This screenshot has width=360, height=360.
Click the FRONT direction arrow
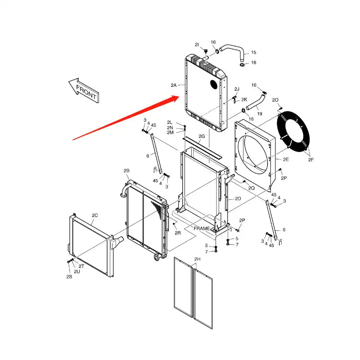[84, 90]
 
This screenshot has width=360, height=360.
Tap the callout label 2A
[174, 85]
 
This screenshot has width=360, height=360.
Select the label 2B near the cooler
[126, 171]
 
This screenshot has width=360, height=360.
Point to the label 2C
[94, 216]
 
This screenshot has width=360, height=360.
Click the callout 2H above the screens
[197, 259]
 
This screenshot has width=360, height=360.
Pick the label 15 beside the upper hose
[253, 53]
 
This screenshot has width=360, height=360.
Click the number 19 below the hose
[260, 113]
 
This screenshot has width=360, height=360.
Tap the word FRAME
[202, 229]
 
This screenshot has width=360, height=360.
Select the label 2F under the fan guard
[311, 159]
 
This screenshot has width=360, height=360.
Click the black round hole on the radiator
[215, 85]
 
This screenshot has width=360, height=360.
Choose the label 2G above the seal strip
[202, 136]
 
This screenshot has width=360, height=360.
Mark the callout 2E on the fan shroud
[286, 159]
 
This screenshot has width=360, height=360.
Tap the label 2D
[238, 198]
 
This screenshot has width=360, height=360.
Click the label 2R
[178, 233]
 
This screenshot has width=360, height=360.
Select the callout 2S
[69, 276]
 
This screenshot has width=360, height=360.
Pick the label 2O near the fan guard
[276, 99]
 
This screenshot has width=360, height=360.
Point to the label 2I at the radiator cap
[197, 45]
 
